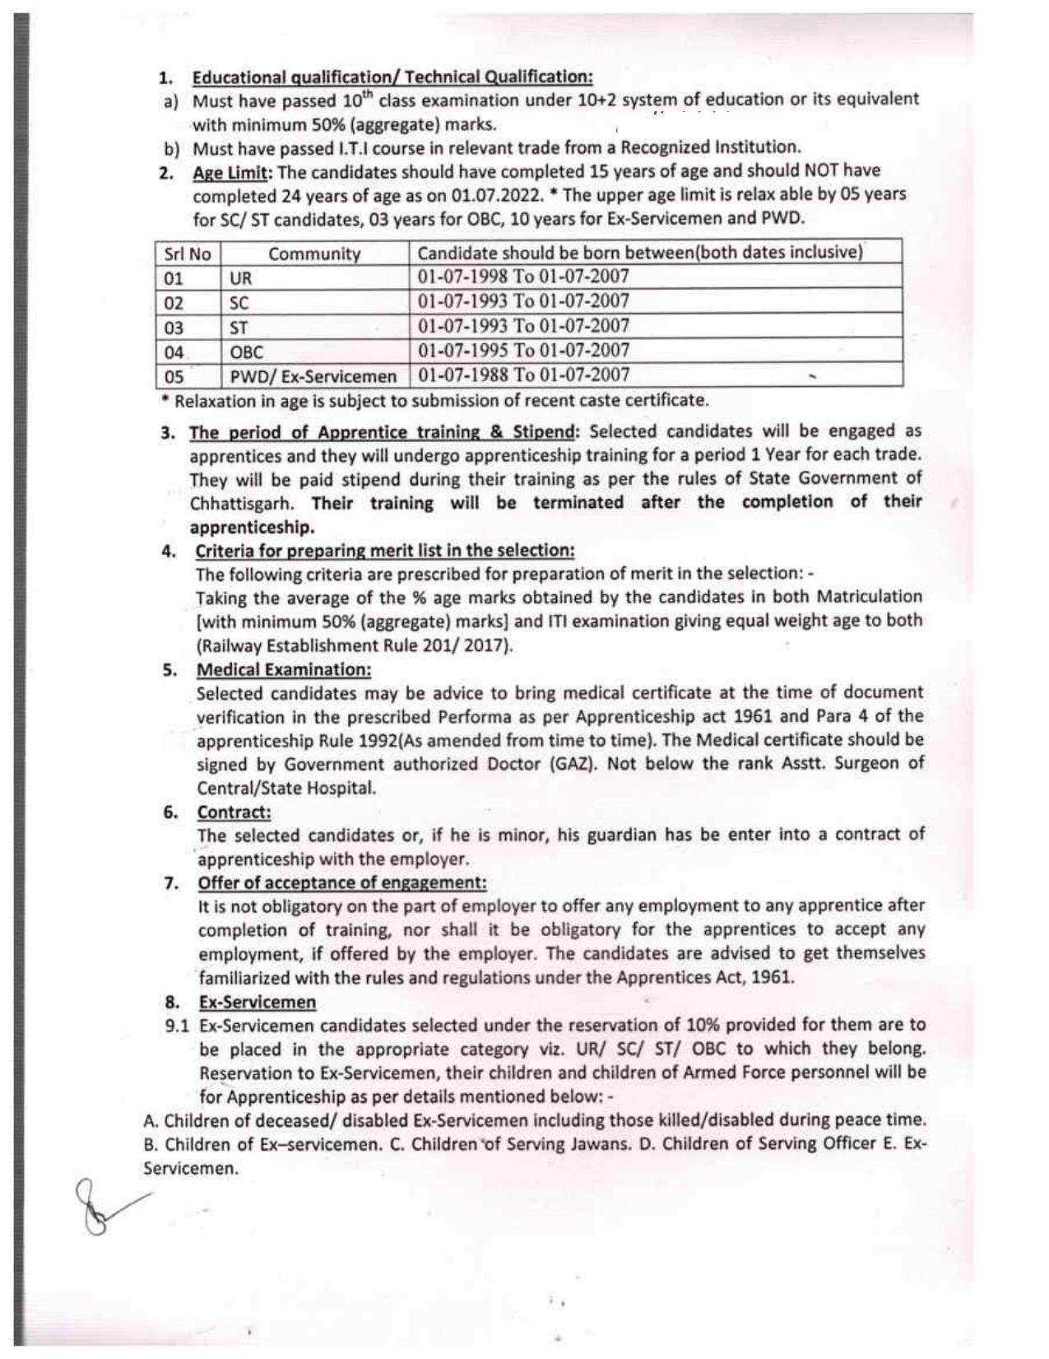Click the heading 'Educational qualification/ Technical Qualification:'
392,77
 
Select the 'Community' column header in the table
314,254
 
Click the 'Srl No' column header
188,254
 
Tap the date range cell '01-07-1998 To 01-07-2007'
523,277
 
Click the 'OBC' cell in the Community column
246,352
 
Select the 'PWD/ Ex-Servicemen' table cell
313,377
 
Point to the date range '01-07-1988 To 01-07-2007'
523,375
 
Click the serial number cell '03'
174,328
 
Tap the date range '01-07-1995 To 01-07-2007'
523,351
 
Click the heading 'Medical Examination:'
283,669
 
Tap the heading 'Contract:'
234,812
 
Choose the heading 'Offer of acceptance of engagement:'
341,882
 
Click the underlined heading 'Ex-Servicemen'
257,1002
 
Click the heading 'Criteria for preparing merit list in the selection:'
384,550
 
